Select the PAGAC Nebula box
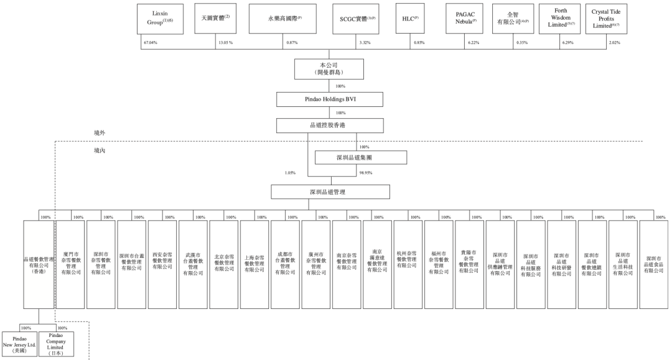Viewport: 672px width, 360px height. [465, 19]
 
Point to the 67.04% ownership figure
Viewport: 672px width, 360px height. [150, 42]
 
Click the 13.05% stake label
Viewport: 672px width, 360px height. [225, 42]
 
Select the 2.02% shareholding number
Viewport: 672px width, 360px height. [615, 42]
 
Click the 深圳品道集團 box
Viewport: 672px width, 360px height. [361, 158]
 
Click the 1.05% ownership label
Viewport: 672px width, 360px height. [291, 173]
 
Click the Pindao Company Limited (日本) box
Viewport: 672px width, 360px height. [56, 344]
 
